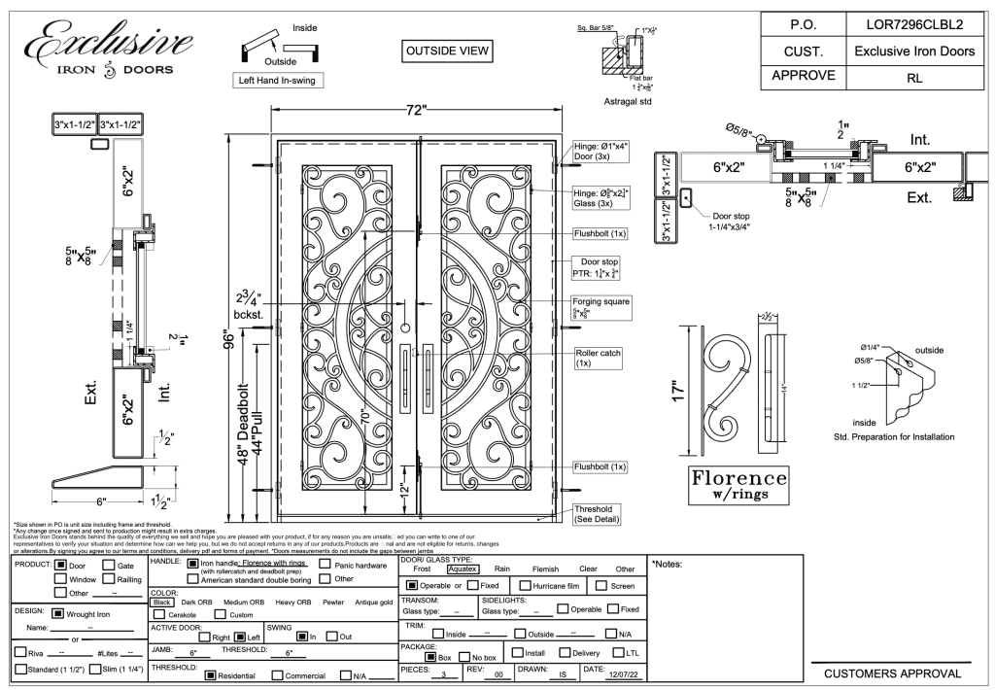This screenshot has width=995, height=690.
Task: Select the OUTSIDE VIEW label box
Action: pyautogui.click(x=448, y=51)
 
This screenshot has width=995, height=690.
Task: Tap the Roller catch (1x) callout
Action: pyautogui.click(x=598, y=357)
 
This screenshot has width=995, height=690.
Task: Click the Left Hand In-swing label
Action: pyautogui.click(x=274, y=81)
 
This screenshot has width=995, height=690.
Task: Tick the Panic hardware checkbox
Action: pyautogui.click(x=326, y=563)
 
